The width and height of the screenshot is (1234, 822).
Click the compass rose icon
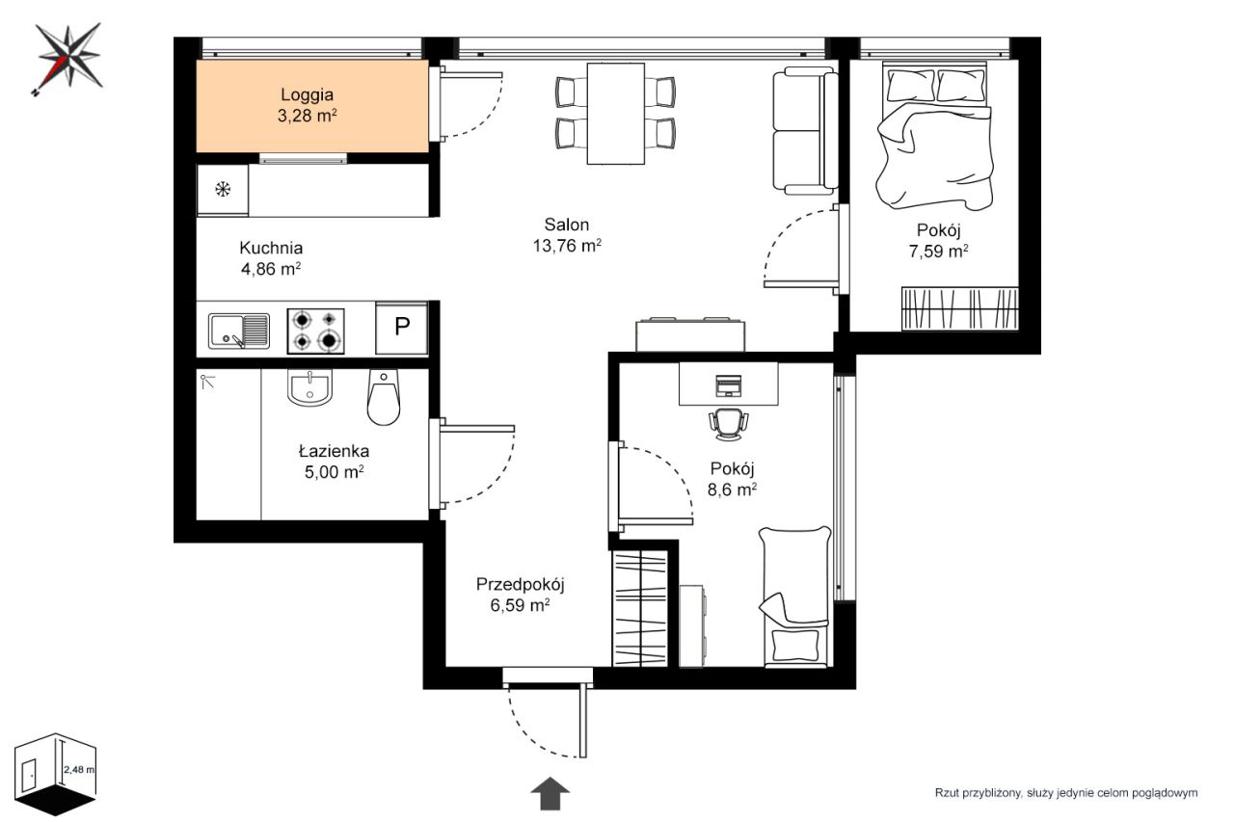pos(67,58)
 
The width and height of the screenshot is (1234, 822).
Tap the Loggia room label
pos(307,94)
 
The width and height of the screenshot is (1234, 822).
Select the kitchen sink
pos(238,331)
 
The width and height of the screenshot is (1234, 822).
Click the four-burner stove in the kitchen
pos(315,331)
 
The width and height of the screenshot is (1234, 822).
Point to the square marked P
pos(402,328)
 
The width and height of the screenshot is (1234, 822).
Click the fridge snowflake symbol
pos(223,190)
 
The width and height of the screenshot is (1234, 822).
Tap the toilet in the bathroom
pos(384,397)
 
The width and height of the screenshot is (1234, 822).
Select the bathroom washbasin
pos(310,387)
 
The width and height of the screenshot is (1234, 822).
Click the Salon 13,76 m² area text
pos(567,246)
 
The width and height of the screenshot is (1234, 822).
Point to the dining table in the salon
pos(616,114)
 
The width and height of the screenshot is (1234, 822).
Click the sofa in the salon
pos(805,130)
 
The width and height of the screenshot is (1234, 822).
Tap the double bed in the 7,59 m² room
pos(935,136)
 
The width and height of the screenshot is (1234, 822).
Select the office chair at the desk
pos(728,424)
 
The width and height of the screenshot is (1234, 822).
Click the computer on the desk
pos(728,385)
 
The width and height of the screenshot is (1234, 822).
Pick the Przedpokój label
pos(520,584)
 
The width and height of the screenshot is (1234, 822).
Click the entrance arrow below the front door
pos(550,793)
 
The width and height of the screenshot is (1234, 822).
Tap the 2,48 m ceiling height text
pos(79,770)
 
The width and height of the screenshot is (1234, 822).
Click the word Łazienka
pos(334,451)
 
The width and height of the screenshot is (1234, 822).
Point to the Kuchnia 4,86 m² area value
pos(271,269)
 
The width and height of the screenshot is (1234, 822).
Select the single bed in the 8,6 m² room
pos(795,597)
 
